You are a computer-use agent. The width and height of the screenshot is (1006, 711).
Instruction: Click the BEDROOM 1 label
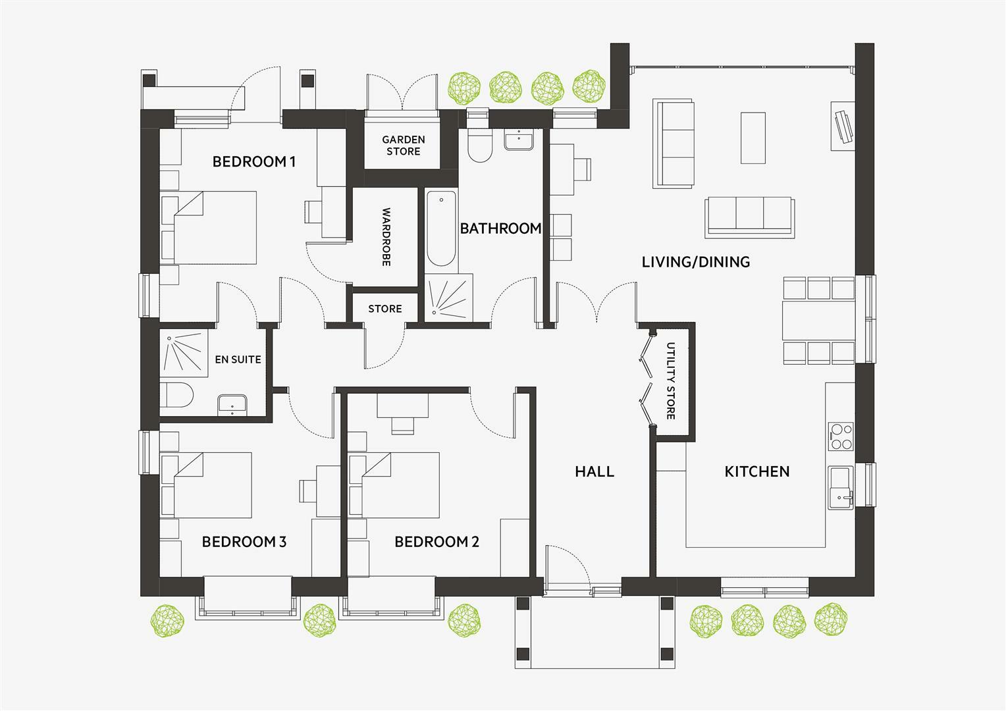[x=253, y=161]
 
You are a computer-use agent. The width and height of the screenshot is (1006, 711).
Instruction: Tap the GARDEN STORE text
[x=404, y=145]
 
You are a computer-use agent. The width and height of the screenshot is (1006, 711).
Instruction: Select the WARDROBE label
[x=386, y=238]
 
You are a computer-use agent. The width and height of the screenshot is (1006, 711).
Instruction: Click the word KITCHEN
[x=756, y=471]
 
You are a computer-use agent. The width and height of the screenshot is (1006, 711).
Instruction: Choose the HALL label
[x=594, y=471]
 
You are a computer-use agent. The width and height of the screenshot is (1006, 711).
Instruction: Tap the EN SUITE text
[x=238, y=359]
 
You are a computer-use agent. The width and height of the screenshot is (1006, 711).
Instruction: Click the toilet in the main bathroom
[x=479, y=145]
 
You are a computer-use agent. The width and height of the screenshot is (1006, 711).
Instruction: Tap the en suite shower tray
[x=184, y=354]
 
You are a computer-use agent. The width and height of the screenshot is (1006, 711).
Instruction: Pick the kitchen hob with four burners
[x=841, y=436]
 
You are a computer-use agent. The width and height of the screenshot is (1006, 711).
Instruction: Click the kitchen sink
[x=840, y=487]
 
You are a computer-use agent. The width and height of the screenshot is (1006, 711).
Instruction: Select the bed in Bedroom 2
[x=402, y=485]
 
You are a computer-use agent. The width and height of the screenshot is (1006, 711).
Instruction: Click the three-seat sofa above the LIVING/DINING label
[x=749, y=217]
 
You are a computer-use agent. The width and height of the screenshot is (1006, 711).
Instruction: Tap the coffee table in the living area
[x=753, y=138]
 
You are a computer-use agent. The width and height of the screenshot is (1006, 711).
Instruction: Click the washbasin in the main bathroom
[x=520, y=140]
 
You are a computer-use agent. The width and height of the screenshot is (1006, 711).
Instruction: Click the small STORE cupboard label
[x=384, y=309]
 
